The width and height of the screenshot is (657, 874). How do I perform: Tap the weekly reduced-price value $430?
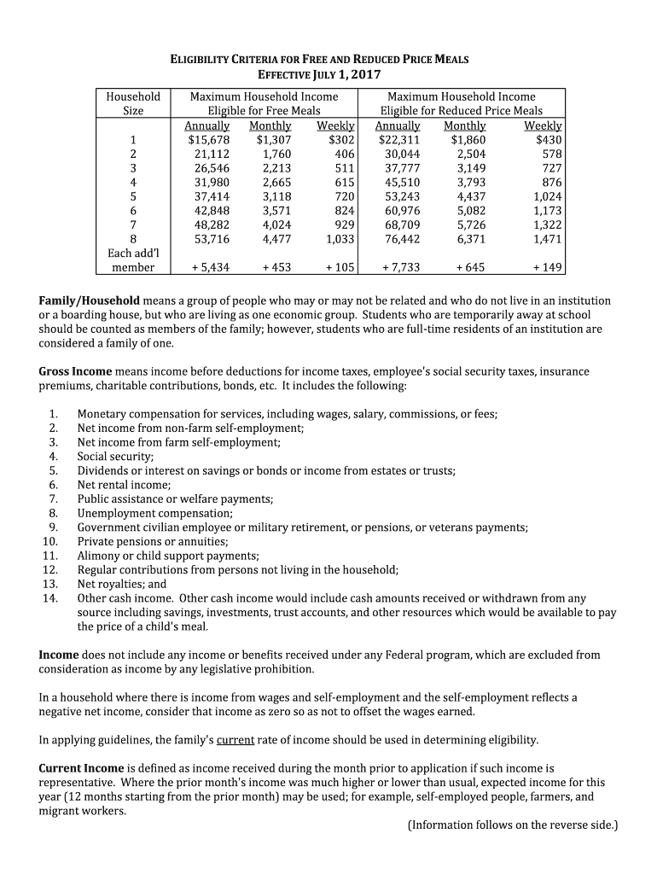[x=549, y=140]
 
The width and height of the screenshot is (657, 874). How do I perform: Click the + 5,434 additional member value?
[x=210, y=267]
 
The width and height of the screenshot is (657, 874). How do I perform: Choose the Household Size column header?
[x=133, y=103]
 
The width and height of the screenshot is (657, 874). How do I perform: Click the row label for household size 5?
[x=133, y=196]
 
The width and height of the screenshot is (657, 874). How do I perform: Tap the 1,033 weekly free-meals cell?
[x=340, y=239]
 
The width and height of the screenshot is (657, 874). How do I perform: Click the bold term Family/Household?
[x=90, y=301]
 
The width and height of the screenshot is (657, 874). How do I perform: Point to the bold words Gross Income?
[x=75, y=372]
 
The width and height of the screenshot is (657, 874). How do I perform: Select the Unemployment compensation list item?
[x=154, y=513]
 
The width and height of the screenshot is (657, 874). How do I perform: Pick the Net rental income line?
[x=125, y=485]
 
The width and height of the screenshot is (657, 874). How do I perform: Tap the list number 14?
[x=50, y=597]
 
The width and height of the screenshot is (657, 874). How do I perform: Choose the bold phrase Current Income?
[x=81, y=768]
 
